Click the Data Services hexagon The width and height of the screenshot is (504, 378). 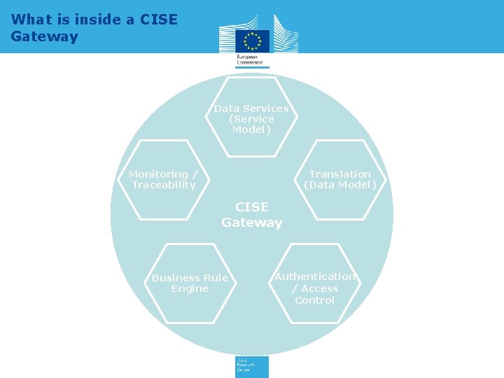[251, 117]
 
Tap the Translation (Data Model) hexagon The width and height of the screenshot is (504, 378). [340, 180]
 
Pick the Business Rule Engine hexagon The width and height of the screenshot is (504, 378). [190, 283]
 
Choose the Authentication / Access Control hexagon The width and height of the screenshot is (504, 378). [315, 283]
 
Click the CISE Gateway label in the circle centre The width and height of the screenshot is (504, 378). [252, 215]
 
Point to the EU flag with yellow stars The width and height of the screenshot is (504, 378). [252, 41]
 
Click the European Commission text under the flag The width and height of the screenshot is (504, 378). [250, 59]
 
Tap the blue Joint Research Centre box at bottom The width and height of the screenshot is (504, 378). [251, 367]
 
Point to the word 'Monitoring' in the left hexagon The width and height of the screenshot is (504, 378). [159, 174]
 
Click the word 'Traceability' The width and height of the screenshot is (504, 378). [164, 185]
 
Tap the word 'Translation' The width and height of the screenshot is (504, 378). [340, 174]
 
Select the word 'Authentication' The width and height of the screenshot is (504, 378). [315, 276]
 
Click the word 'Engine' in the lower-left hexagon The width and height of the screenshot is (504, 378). [190, 288]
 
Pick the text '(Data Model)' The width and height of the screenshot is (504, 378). [340, 185]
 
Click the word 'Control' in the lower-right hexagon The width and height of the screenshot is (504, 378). [315, 300]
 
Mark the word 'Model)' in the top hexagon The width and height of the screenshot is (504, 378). [251, 129]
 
